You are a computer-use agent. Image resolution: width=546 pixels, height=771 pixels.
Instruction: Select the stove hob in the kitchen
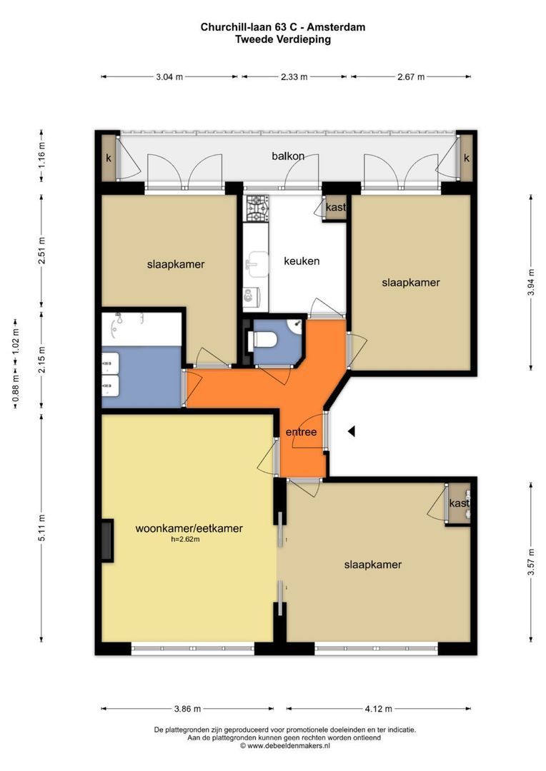[x=256, y=208]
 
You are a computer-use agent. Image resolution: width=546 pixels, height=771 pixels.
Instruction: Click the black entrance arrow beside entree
[x=352, y=431]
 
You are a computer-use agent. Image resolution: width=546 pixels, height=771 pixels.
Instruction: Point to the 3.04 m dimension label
[x=169, y=76]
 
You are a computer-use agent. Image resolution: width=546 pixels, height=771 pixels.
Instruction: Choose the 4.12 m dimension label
[x=379, y=709]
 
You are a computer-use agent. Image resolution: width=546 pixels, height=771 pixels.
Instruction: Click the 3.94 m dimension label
[x=531, y=282]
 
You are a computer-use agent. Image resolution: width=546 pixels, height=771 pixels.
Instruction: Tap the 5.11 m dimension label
[x=41, y=528]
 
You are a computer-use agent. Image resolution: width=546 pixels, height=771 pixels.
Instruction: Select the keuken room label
[x=302, y=261]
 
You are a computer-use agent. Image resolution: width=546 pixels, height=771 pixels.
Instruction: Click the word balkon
[x=288, y=156]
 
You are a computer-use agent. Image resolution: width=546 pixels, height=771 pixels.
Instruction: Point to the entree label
[x=301, y=432]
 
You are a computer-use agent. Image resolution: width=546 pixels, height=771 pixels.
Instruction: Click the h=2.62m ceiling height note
[x=185, y=540]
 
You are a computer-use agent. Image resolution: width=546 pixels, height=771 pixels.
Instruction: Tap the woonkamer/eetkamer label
[x=189, y=528]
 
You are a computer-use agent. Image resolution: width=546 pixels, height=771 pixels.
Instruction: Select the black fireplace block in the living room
[x=107, y=540]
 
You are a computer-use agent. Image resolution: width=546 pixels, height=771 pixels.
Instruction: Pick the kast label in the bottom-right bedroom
[x=459, y=503]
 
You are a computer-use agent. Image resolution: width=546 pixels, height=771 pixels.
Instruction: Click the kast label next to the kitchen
[x=336, y=208]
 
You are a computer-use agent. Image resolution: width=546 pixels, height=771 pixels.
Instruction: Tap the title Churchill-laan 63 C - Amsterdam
[x=283, y=27]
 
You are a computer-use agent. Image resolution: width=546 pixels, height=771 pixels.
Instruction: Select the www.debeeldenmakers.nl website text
[x=289, y=746]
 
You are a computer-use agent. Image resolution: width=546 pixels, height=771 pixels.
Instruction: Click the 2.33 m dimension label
[x=294, y=76]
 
